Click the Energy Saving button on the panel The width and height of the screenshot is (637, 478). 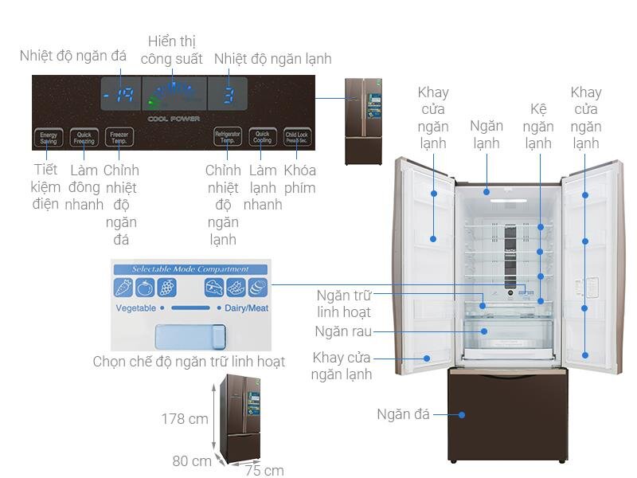(x=49, y=137)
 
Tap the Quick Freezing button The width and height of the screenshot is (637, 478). (x=84, y=137)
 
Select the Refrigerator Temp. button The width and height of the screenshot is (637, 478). (x=228, y=137)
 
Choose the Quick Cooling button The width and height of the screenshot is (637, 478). (x=263, y=137)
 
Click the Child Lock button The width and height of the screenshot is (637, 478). (x=297, y=137)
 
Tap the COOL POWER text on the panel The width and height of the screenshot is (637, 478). (x=174, y=119)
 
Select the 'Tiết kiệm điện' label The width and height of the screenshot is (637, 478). (x=46, y=187)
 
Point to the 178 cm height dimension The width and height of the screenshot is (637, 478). (x=184, y=419)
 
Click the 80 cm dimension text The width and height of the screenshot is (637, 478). (x=192, y=460)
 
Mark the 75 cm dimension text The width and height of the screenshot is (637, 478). (x=264, y=470)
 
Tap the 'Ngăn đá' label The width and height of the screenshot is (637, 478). (x=403, y=414)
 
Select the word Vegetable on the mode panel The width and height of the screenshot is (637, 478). (x=135, y=308)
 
